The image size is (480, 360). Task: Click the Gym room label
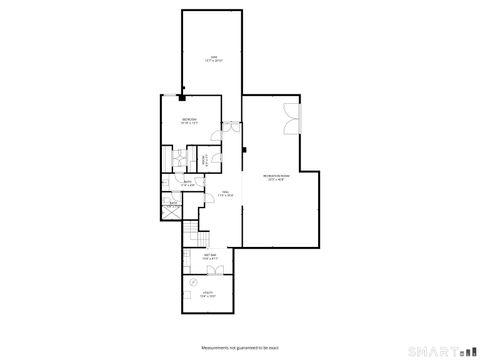click(x=213, y=58)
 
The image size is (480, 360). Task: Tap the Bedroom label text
click(x=189, y=121)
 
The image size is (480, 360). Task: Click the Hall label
click(x=227, y=195)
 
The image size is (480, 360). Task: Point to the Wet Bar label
click(x=212, y=257)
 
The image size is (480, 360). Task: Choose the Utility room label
click(x=208, y=296)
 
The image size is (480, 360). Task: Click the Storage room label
click(x=203, y=159)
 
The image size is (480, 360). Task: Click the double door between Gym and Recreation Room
click(x=229, y=126)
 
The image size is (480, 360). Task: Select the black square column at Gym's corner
click(x=182, y=97)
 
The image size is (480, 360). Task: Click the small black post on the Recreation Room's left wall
click(x=243, y=152)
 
